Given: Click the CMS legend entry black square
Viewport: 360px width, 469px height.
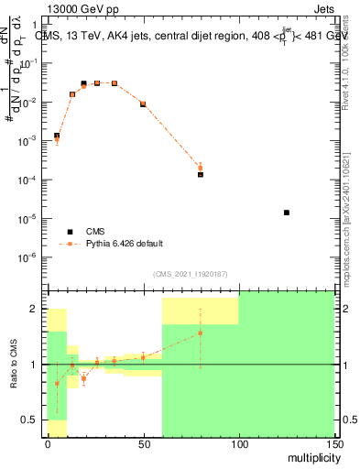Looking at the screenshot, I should pos(70,232).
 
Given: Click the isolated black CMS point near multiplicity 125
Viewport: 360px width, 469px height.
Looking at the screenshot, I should pos(287,213).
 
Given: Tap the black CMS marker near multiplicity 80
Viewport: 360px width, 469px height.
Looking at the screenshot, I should pos(200,174).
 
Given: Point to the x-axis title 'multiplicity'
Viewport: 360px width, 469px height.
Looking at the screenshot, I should pos(310,456).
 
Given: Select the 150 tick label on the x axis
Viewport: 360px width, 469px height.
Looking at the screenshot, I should pos(334,444).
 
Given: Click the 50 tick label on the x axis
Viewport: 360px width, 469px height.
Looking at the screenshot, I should pos(143,444).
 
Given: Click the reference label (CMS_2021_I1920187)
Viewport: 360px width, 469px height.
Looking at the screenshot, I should pos(190,274).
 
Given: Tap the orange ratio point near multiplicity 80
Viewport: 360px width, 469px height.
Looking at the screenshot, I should pos(200,333).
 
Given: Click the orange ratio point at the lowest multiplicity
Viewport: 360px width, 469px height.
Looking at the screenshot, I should pos(57,383).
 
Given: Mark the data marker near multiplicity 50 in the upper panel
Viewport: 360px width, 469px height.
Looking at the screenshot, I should pos(143,104).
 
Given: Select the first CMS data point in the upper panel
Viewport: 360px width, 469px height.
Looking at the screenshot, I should pos(57,136).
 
